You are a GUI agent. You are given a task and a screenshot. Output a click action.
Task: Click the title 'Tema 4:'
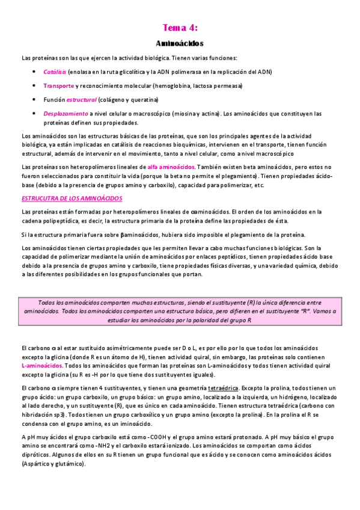[180, 28]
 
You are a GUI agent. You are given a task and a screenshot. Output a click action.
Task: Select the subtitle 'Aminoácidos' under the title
[180, 44]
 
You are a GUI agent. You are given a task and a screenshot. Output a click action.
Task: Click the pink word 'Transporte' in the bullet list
[59, 86]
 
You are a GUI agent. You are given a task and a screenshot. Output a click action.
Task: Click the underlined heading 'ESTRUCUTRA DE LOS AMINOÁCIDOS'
[72, 198]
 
